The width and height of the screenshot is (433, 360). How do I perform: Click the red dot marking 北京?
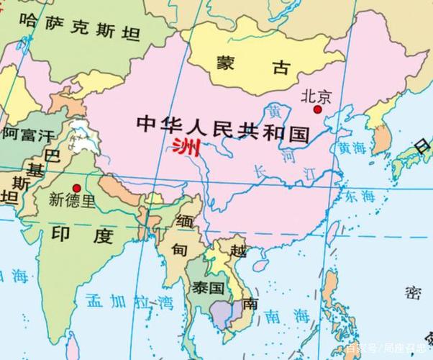(x=317, y=109)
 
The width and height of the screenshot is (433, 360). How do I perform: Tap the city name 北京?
(x=316, y=95)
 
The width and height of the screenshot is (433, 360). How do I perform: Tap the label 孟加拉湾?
(x=129, y=300)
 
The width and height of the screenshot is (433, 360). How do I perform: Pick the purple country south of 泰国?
(x=227, y=310)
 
